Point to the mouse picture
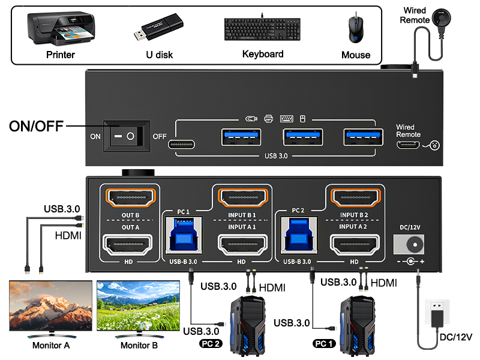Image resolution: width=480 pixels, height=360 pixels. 355,29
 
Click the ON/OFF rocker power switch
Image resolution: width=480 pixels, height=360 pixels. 127,136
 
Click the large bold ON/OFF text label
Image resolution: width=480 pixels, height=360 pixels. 37,127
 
